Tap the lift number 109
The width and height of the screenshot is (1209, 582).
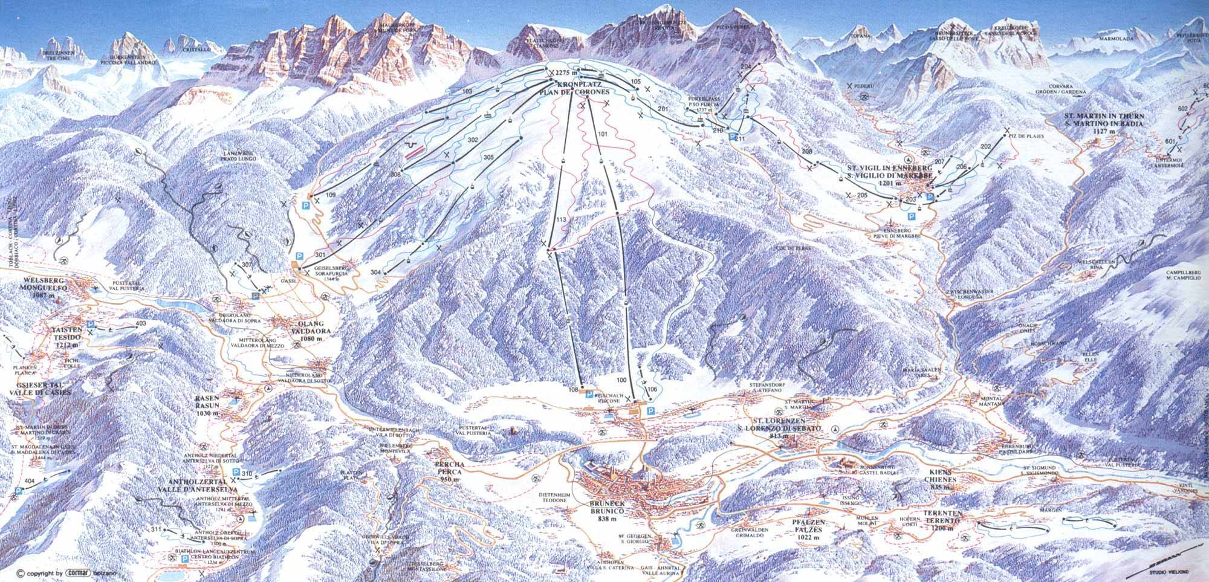point(331,195)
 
